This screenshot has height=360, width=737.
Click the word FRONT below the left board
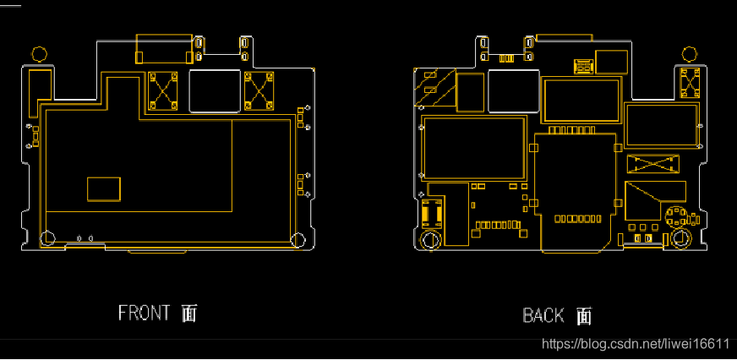[144, 313]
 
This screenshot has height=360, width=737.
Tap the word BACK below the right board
[543, 315]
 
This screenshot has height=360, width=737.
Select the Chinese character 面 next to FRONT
[189, 313]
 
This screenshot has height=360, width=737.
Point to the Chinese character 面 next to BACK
[584, 316]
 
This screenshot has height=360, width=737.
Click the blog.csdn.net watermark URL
[635, 344]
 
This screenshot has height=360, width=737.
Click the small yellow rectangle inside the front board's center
[104, 189]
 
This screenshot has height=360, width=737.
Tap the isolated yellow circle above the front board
[40, 54]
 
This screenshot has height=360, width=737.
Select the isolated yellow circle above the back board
[690, 54]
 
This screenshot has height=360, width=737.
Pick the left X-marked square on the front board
[162, 90]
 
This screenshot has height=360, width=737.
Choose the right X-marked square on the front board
[259, 90]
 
